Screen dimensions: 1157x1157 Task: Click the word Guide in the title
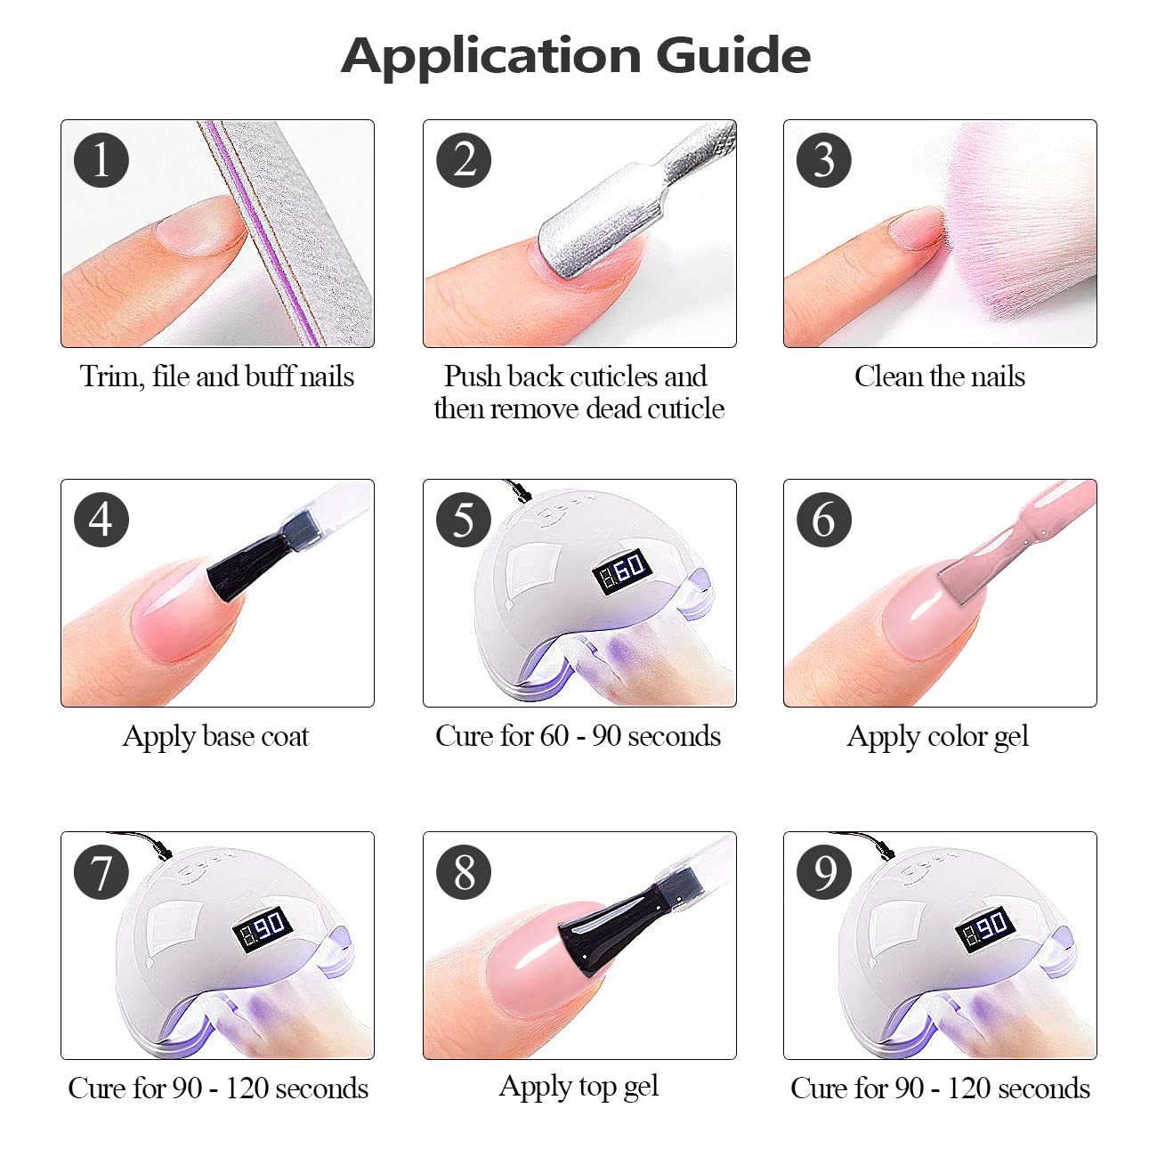coord(733,56)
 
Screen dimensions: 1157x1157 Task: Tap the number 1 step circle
coord(101,160)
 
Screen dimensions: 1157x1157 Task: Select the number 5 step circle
coord(464,520)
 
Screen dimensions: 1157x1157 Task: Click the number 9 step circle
coord(825,872)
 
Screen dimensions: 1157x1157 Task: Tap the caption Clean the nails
coord(939,376)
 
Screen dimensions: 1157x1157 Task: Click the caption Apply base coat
coord(216,737)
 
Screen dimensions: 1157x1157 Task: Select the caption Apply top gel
coord(578,1087)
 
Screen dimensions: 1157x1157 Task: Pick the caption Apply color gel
coord(938,737)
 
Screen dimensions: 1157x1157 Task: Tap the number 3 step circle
coord(825,160)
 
